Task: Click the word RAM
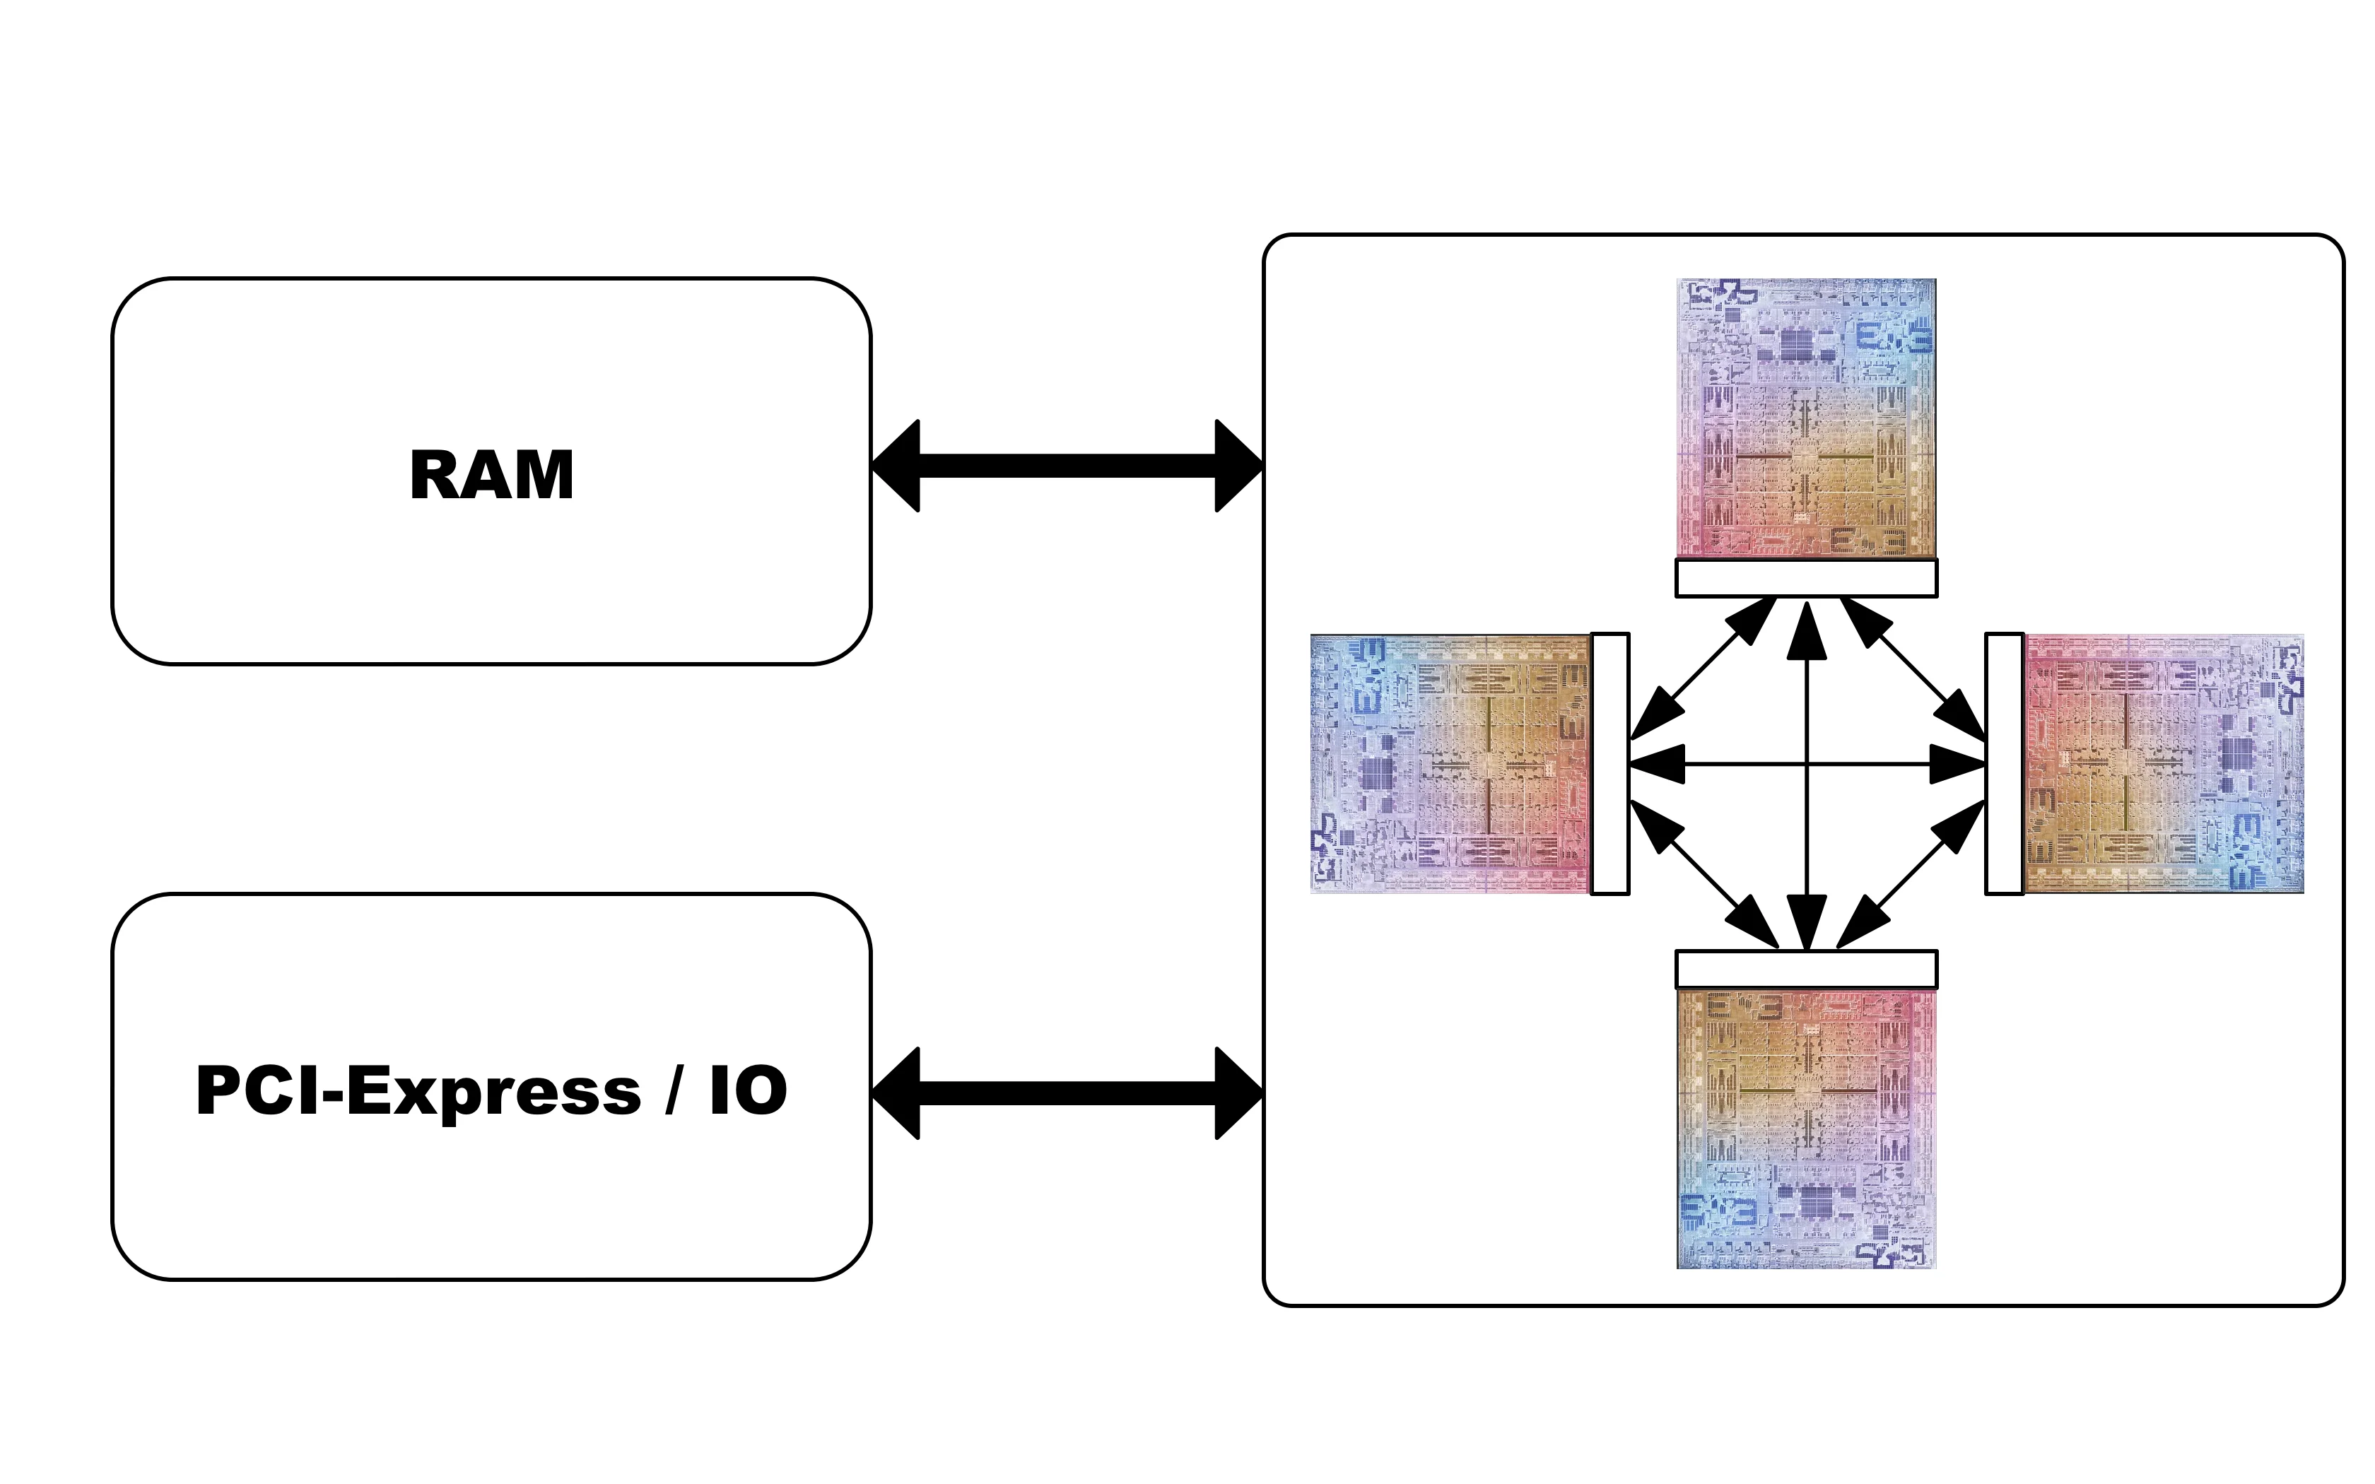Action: tap(492, 475)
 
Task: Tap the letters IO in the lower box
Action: tap(748, 1090)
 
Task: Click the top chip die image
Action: tap(1807, 418)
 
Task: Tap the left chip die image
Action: tap(1450, 764)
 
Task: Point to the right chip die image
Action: tap(2164, 764)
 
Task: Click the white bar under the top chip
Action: tap(1807, 578)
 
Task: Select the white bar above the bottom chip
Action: tap(1807, 970)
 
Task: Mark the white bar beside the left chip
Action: tap(1610, 764)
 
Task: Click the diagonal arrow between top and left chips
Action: tap(1703, 669)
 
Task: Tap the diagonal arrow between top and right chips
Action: tap(1913, 669)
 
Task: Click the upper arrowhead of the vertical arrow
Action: tap(1807, 630)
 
